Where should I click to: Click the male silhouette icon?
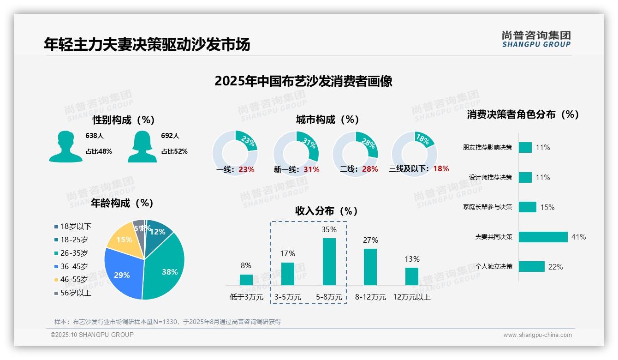point(65,146)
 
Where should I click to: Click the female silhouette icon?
point(142,146)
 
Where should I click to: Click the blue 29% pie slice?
point(121,274)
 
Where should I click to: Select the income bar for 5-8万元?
point(329,261)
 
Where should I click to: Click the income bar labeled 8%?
point(246,280)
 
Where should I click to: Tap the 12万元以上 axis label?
point(411,297)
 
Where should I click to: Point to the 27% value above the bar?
point(370,240)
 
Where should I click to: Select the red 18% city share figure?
point(441,168)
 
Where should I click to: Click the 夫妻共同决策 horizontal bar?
point(543,237)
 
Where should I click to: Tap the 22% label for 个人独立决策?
point(555,267)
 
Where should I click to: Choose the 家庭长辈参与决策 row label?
point(487,207)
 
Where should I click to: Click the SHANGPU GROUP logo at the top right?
point(536,39)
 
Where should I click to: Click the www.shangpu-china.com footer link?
point(537,335)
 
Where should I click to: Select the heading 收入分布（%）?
point(327,211)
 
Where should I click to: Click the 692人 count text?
point(170,136)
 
